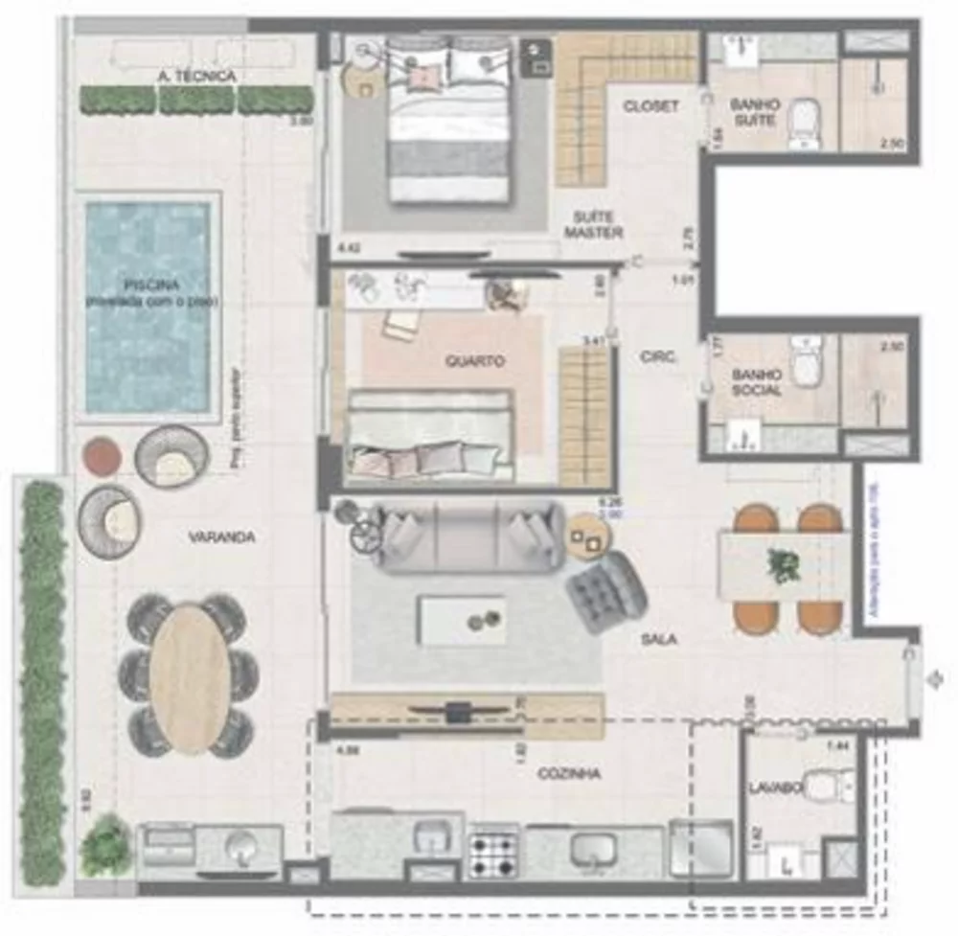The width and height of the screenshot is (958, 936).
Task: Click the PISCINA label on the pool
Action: pyautogui.click(x=150, y=285)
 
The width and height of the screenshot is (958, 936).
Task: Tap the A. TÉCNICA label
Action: pyautogui.click(x=195, y=76)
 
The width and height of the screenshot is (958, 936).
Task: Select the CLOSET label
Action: pyautogui.click(x=650, y=106)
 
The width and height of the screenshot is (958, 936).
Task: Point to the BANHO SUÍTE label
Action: pyautogui.click(x=755, y=111)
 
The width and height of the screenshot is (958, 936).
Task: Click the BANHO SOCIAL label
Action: pyautogui.click(x=756, y=382)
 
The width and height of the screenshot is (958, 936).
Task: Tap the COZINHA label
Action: pyautogui.click(x=569, y=773)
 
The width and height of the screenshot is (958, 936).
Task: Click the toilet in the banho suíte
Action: pyautogui.click(x=805, y=125)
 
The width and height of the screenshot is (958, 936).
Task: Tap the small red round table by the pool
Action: pyautogui.click(x=103, y=457)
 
